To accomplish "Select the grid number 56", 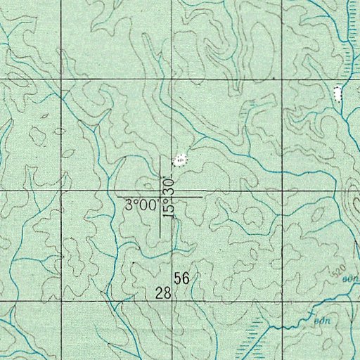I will [x=182, y=278].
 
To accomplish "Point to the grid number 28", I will [x=163, y=292].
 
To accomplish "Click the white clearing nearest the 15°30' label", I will [x=181, y=160].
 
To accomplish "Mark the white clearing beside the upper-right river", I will [x=337, y=92].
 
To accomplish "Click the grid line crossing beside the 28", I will [x=174, y=301].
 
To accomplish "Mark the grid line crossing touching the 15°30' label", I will [x=174, y=191].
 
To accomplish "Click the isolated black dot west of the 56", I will [x=134, y=262].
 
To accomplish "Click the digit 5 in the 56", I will [x=179, y=278].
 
